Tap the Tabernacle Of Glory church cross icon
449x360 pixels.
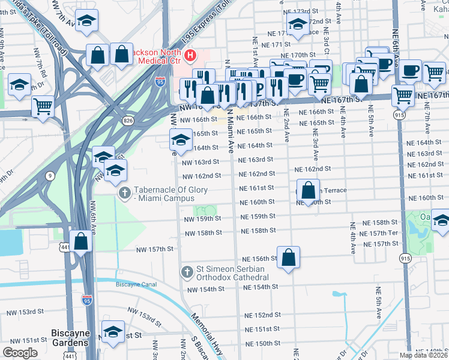coord(124,193)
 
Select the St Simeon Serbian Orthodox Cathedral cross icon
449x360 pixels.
coord(187,272)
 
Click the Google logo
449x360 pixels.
coord(20,353)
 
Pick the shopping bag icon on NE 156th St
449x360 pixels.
coord(288,257)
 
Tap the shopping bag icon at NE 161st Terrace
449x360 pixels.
coord(308,191)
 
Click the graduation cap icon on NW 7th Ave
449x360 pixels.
coord(88,22)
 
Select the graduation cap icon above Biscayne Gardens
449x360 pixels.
coord(112,332)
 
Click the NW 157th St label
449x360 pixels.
coord(154,248)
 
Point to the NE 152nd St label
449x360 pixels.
coord(262,315)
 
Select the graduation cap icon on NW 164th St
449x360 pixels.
coord(180,141)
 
